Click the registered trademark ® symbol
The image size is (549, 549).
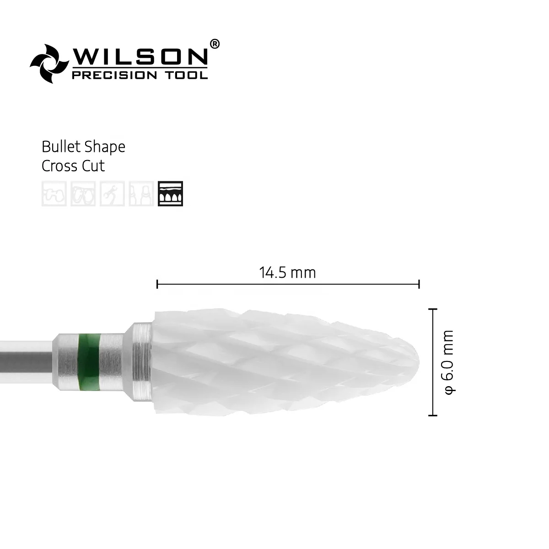(215, 43)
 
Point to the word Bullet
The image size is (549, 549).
(60, 147)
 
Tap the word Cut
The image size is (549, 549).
(93, 166)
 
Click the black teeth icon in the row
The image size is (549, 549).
(170, 194)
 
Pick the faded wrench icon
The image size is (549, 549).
(112, 194)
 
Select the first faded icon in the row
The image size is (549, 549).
(54, 194)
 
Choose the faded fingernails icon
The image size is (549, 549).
(141, 194)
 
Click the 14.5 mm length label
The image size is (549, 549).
(287, 273)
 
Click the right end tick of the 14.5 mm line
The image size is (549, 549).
(419, 285)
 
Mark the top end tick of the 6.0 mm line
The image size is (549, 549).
(432, 309)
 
